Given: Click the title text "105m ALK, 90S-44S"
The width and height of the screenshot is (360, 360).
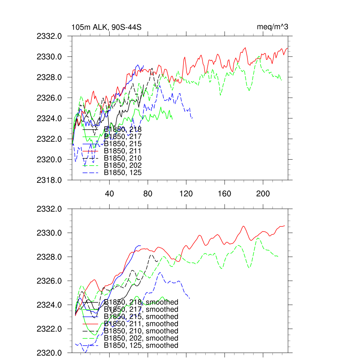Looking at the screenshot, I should (107, 27).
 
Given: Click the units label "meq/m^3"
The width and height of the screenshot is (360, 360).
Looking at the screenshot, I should (273, 27).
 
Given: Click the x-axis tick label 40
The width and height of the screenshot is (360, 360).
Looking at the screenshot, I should (110, 194).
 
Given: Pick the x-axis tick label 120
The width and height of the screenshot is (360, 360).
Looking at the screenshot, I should (186, 194).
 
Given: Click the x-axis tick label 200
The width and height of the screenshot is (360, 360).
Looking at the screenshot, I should (263, 194).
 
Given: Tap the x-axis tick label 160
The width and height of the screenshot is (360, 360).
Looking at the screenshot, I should (225, 194).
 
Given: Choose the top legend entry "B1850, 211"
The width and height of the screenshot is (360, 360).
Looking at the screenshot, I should (123, 151).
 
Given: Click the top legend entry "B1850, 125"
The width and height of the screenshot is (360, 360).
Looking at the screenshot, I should (123, 173).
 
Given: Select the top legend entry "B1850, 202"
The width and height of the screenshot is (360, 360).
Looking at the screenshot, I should (123, 166).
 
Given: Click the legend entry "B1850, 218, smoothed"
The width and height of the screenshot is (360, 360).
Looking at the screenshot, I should (141, 302).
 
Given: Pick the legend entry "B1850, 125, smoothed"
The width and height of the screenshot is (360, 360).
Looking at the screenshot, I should (141, 345).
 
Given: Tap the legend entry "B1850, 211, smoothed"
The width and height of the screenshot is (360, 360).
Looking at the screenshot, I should (141, 324).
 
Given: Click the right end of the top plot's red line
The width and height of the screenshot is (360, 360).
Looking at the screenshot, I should (288, 48).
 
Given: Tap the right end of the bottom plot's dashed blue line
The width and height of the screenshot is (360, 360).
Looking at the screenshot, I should (190, 298).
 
